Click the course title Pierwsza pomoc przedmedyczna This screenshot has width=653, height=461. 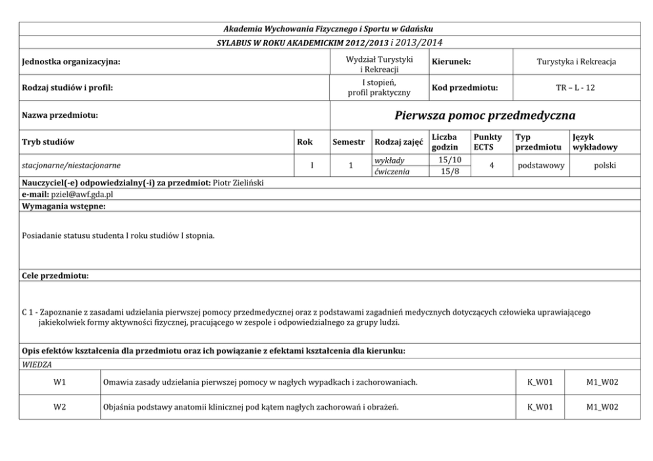[x=485, y=116]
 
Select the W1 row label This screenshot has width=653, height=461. [x=59, y=382]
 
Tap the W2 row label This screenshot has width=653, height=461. [x=59, y=407]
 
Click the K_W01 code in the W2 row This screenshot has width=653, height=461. [x=540, y=407]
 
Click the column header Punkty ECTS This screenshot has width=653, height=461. [x=487, y=142]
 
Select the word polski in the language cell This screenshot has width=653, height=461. [x=604, y=166]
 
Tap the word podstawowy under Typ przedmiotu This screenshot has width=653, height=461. [x=541, y=166]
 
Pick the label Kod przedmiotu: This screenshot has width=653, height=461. [x=464, y=87]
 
